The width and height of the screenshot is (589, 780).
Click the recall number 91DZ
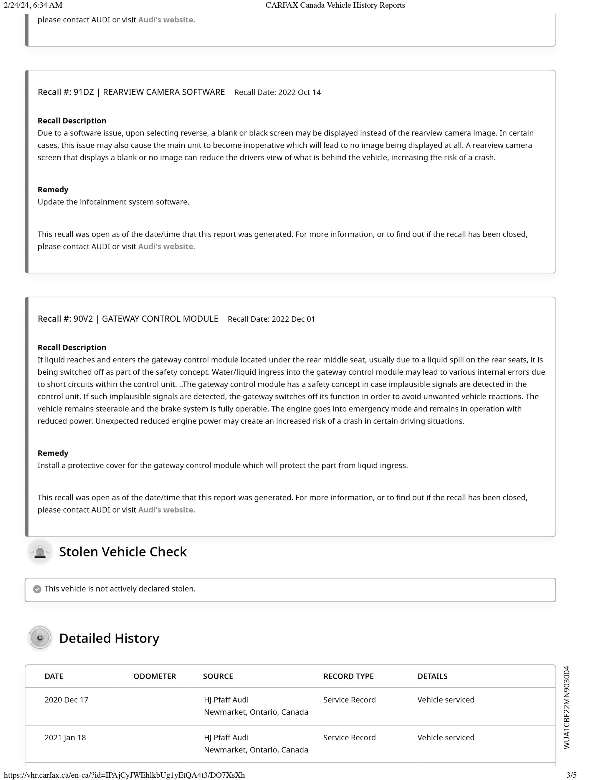point(84,92)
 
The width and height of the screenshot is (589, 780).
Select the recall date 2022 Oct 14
point(299,93)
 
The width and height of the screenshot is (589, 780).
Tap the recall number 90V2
point(83,319)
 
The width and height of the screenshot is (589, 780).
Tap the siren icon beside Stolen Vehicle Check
point(40,552)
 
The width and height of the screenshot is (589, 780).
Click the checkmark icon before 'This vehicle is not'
point(37,589)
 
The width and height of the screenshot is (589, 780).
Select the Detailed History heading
point(109,639)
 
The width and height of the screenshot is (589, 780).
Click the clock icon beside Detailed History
point(40,638)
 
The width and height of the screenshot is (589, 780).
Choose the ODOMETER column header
point(155,676)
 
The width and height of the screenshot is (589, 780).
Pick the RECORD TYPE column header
point(348,676)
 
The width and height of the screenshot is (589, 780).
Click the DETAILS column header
point(433,676)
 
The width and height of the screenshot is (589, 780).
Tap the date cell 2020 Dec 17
point(66,700)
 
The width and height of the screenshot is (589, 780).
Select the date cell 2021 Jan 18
point(65,738)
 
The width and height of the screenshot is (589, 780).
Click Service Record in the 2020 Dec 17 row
point(349,700)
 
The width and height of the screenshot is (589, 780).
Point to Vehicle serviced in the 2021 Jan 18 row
point(446,738)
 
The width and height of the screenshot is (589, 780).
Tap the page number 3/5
point(571,775)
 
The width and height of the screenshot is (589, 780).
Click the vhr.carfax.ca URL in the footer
point(124,775)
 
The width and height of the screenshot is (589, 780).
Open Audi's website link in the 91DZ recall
point(166,247)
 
